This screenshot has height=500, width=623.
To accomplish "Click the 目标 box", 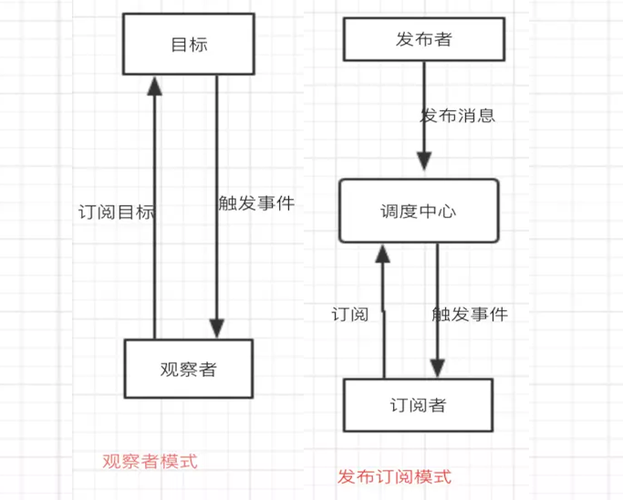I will [x=188, y=44].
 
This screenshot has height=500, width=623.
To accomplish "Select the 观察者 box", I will [x=188, y=369].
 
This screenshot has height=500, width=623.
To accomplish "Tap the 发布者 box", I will [x=422, y=39].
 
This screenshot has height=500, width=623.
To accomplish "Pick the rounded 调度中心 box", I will [x=419, y=211].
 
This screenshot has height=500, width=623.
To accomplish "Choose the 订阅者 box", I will [x=418, y=404].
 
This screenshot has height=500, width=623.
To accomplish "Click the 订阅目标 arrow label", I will [x=116, y=213].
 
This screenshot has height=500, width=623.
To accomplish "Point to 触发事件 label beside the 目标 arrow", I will [x=256, y=203].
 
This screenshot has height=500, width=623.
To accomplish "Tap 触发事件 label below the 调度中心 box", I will [x=469, y=314].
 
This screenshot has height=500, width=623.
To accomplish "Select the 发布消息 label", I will [x=457, y=116].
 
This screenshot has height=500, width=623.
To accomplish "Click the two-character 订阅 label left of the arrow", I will [x=349, y=315].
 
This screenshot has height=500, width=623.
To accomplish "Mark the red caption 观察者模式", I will [x=150, y=461].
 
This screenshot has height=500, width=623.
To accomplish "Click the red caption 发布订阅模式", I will [x=394, y=476].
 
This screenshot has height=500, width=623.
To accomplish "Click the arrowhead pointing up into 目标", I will [x=155, y=86].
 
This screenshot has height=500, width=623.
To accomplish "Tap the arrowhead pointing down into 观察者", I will [x=216, y=328].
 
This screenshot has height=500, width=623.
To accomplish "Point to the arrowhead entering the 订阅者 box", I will [x=437, y=367].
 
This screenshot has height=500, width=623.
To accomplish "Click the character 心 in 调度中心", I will [x=447, y=212].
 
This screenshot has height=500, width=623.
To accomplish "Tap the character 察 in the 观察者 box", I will [x=188, y=370].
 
